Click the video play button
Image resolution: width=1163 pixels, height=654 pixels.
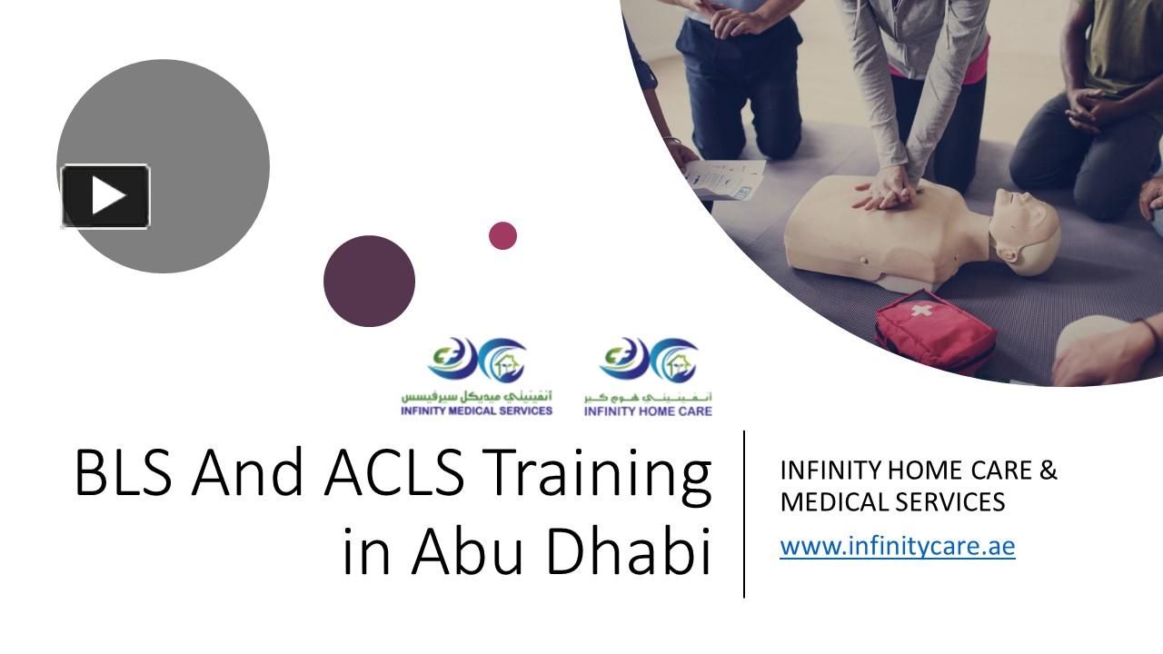pos(105,196)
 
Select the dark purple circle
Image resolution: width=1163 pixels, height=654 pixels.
pos(369,281)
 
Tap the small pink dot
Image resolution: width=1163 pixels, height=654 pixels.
pos(502,236)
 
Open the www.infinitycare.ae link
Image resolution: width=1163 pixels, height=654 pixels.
pos(897,546)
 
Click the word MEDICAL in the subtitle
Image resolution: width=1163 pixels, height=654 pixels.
pos(832,501)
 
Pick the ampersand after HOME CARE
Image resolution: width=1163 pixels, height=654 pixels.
pos(1048,471)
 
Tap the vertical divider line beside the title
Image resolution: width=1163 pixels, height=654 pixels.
pos(745,514)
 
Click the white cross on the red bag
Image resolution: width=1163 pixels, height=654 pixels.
pos(921,311)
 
